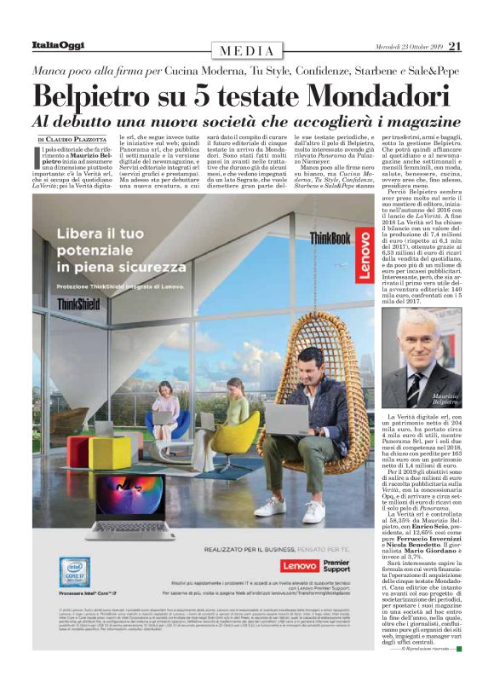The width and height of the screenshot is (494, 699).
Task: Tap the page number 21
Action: pyautogui.click(x=455, y=45)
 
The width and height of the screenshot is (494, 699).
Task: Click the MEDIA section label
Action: pyautogui.click(x=242, y=50)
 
